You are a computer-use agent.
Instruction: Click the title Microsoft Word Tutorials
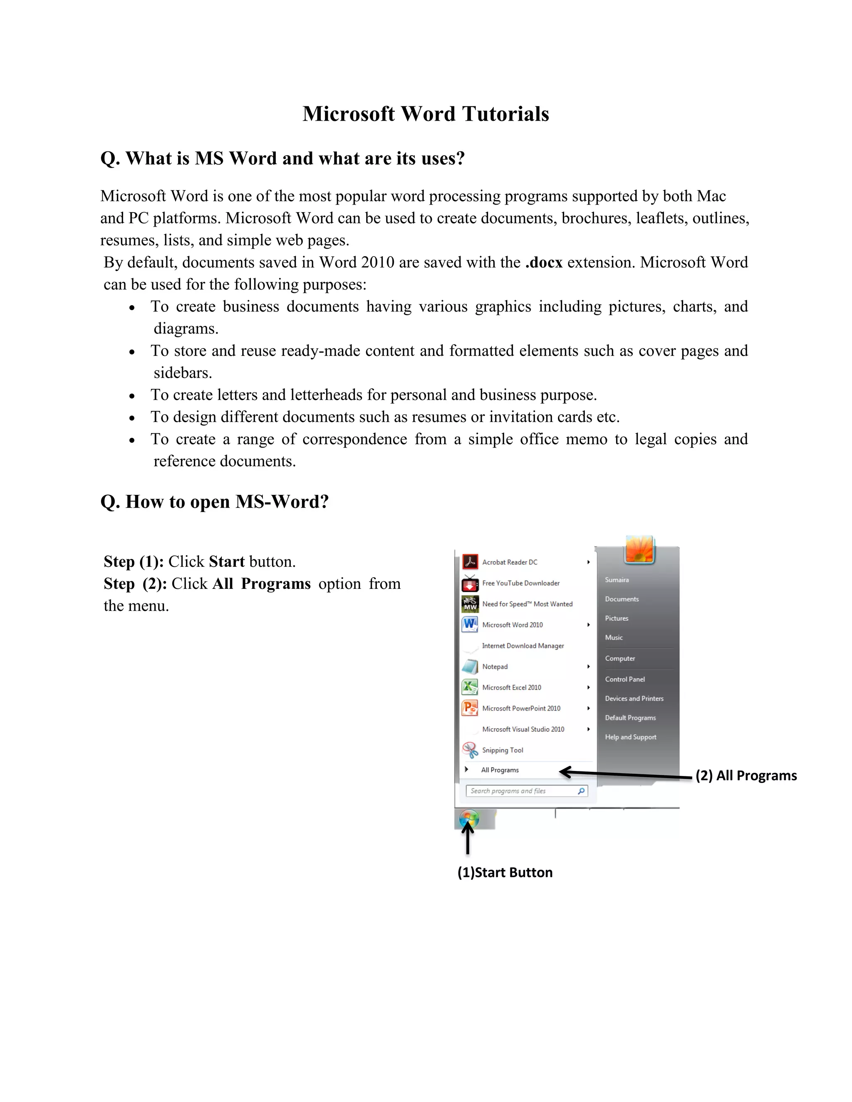pyautogui.click(x=426, y=114)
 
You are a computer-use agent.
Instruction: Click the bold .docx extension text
pyautogui.click(x=544, y=262)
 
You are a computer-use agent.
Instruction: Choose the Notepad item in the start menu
pyautogui.click(x=495, y=667)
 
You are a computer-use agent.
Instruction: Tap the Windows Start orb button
pyautogui.click(x=469, y=819)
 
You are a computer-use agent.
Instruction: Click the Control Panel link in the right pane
pyautogui.click(x=625, y=679)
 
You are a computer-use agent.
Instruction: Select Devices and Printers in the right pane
pyautogui.click(x=634, y=698)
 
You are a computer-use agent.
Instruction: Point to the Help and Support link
pyautogui.click(x=630, y=737)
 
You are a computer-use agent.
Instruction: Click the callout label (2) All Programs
pyautogui.click(x=745, y=776)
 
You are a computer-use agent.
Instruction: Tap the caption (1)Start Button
pyautogui.click(x=505, y=872)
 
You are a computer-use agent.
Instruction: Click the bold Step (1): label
pyautogui.click(x=133, y=561)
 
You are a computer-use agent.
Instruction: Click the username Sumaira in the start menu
pyautogui.click(x=617, y=580)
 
